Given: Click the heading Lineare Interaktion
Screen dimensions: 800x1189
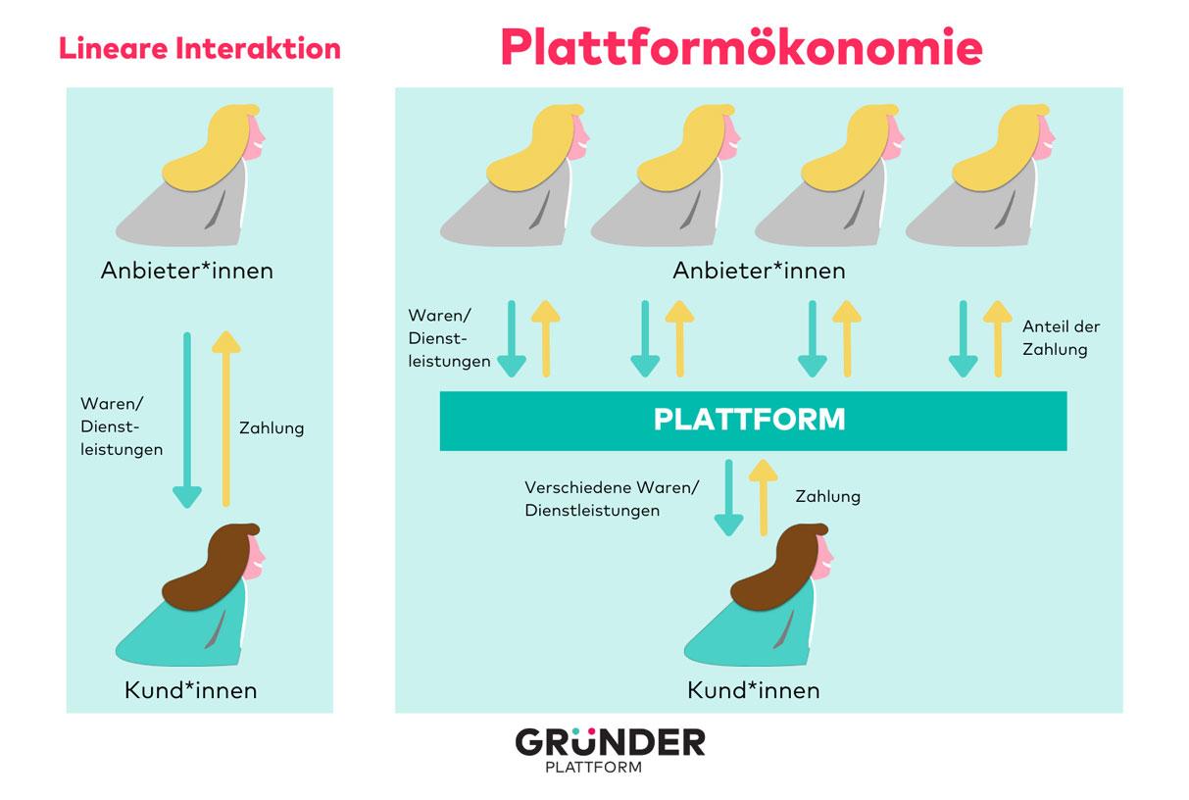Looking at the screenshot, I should tap(200, 48).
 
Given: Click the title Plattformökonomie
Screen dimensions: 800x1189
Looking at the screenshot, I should tap(741, 46).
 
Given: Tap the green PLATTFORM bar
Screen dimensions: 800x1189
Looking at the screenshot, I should tap(752, 421).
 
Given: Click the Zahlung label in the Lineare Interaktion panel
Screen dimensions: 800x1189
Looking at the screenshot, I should tap(272, 427).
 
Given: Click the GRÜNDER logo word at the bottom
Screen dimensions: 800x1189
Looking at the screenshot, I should tap(610, 741).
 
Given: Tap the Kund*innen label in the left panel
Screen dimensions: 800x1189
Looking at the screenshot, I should tap(191, 690).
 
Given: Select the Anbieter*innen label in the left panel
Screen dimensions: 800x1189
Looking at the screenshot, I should tap(187, 271).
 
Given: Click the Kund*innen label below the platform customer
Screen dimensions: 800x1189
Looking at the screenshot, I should tap(754, 690).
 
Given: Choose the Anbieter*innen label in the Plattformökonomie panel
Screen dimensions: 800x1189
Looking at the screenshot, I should tap(759, 271).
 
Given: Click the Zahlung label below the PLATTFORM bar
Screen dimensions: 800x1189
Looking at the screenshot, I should tap(828, 496).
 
